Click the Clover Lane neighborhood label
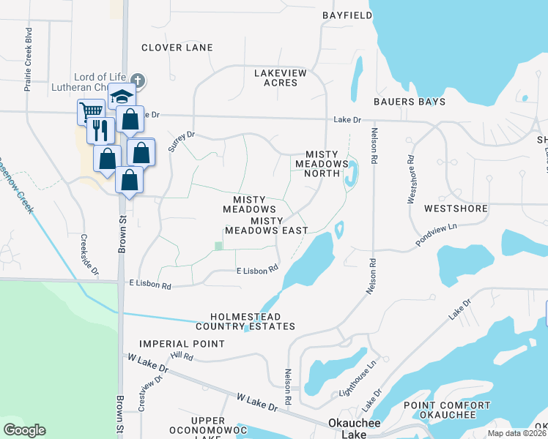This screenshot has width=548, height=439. [x=177, y=48]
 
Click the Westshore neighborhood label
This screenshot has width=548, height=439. [x=456, y=209]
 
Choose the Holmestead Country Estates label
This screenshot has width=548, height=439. [x=245, y=320]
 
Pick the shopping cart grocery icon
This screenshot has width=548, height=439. [x=90, y=111]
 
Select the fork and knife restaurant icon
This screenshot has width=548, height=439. [x=100, y=130]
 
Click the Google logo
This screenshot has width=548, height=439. [x=25, y=430]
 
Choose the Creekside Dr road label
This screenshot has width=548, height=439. [x=89, y=255]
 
